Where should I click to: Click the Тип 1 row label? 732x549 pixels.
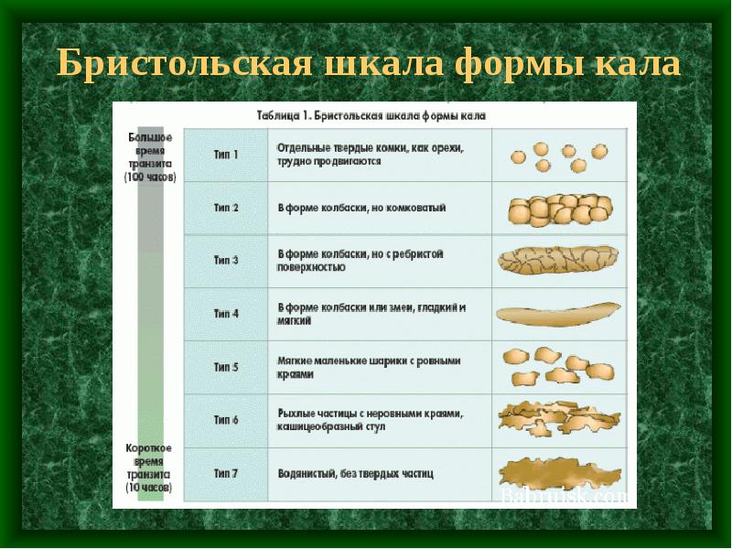click(x=226, y=155)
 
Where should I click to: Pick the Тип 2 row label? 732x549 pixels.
click(x=226, y=208)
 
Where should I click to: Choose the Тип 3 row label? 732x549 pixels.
click(x=226, y=261)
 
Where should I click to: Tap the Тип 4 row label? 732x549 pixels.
click(x=226, y=314)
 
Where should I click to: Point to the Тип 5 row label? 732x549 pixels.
click(x=226, y=367)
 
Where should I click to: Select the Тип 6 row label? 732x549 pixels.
click(x=226, y=420)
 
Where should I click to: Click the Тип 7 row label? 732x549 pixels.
click(x=226, y=473)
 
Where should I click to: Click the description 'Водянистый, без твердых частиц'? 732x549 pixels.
click(x=356, y=474)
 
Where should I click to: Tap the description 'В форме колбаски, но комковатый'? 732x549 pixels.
click(x=362, y=208)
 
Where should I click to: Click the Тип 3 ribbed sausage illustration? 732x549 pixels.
click(x=559, y=261)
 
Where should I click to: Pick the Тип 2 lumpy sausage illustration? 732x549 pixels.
click(x=559, y=210)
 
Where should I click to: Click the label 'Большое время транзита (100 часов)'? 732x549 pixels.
click(x=151, y=156)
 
